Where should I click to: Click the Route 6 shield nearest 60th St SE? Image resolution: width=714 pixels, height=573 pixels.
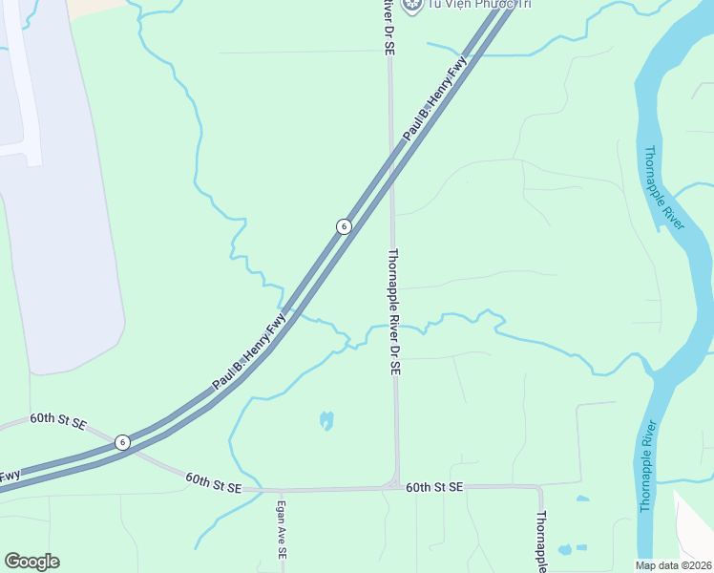pos(122,442)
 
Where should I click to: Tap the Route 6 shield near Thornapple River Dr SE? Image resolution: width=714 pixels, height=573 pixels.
pos(344,226)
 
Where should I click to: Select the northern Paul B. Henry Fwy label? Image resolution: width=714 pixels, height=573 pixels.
pos(436,99)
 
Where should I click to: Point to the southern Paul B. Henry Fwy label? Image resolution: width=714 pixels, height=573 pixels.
pos(249,353)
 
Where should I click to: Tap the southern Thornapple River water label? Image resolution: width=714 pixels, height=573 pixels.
pos(646,465)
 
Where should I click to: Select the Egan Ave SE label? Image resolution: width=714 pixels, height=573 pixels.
pos(282,530)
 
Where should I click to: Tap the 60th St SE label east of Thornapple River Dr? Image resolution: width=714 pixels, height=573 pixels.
pos(433,487)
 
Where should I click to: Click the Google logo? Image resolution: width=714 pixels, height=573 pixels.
pos(31,562)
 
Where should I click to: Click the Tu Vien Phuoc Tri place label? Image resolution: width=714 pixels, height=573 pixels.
pos(465,5)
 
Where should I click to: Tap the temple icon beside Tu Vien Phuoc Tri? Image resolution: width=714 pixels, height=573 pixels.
pos(412,5)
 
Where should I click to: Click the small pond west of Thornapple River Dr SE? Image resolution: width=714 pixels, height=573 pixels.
pos(327,420)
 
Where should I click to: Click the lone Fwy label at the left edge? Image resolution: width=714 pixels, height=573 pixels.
pos(10,476)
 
